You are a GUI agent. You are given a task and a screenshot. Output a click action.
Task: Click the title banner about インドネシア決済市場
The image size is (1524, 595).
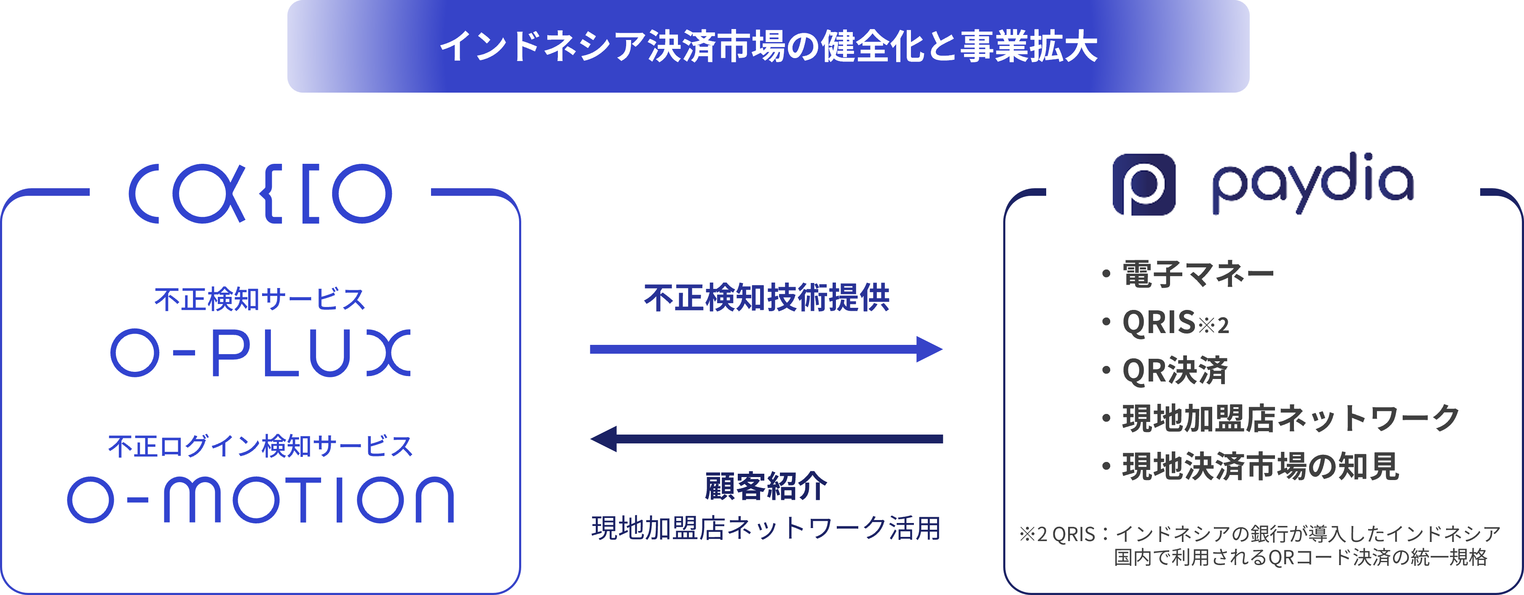pyautogui.click(x=768, y=46)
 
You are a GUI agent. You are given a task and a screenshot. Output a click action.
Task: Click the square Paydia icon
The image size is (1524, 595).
pyautogui.click(x=1144, y=184)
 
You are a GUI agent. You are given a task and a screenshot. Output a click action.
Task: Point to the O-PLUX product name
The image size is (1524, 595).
pyautogui.click(x=260, y=353)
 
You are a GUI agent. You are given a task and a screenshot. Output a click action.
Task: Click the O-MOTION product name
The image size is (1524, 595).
pyautogui.click(x=260, y=500)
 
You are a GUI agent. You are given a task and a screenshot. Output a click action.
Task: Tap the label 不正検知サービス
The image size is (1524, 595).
pyautogui.click(x=260, y=299)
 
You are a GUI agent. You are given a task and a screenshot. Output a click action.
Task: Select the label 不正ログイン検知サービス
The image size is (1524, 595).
pyautogui.click(x=260, y=446)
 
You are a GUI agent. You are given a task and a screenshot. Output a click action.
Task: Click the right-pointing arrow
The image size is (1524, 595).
pyautogui.click(x=766, y=349)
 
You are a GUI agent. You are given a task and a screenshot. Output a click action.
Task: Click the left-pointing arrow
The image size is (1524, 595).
pyautogui.click(x=766, y=439)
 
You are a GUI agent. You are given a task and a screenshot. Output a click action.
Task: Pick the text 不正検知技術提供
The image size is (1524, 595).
pyautogui.click(x=767, y=297)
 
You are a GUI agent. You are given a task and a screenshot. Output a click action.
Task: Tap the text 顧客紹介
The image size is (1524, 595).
pyautogui.click(x=766, y=486)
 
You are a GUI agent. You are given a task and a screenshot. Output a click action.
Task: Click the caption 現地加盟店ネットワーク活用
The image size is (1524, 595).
pyautogui.click(x=766, y=528)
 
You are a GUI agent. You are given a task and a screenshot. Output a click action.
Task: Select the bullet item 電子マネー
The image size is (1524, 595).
pyautogui.click(x=1198, y=274)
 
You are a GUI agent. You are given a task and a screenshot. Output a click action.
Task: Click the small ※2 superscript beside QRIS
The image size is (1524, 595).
pyautogui.click(x=1213, y=326)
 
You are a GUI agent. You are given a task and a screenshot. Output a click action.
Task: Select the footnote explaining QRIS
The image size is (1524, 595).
pyautogui.click(x=1260, y=545)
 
